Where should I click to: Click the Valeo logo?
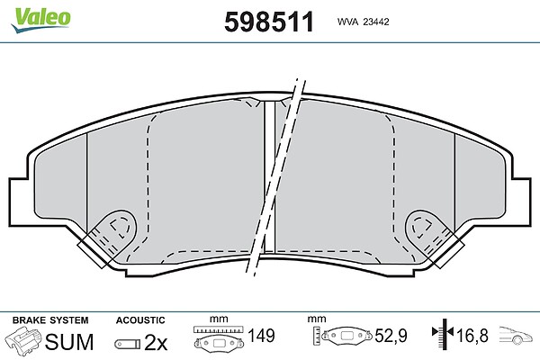tap(41, 20)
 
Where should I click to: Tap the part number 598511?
tap(269, 22)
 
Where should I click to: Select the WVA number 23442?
tap(376, 22)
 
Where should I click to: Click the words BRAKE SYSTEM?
tap(50, 320)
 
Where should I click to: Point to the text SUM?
tap(69, 341)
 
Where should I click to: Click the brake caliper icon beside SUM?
tap(22, 339)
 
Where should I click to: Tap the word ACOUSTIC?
tap(140, 320)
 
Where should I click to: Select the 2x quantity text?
tap(156, 342)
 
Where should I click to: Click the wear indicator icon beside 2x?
tap(128, 344)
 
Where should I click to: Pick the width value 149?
tap(261, 336)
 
